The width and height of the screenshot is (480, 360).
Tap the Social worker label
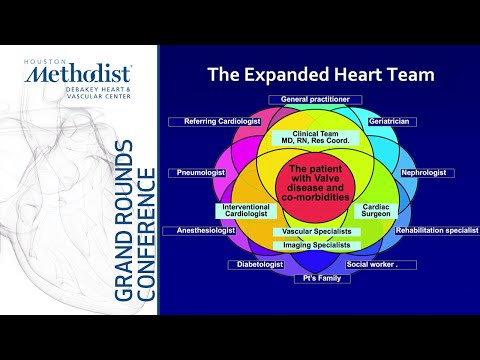click(373, 265)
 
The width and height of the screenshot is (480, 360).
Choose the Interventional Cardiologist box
click(244, 211)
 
